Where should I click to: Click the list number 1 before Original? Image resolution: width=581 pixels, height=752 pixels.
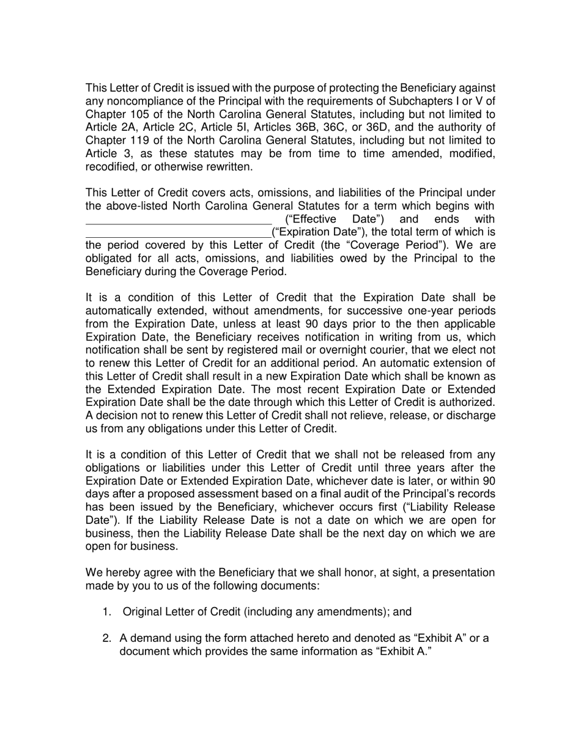pos(107,613)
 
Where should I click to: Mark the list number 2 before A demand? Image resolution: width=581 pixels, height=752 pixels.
pos(107,639)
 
